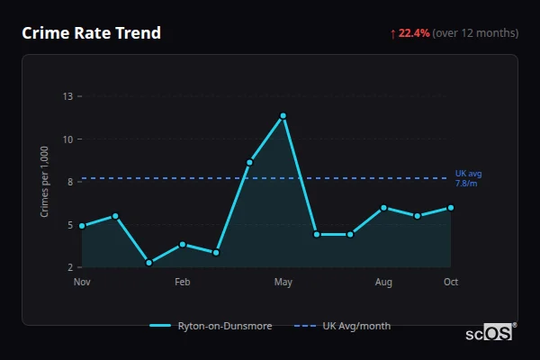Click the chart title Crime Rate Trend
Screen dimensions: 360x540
click(91, 33)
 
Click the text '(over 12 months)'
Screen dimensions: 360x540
click(475, 33)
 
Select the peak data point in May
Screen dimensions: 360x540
click(283, 115)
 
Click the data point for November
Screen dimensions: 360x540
click(82, 226)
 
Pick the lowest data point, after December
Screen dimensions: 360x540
click(148, 263)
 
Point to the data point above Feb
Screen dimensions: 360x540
click(183, 244)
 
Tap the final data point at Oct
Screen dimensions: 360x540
click(451, 208)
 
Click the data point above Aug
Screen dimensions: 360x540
click(383, 208)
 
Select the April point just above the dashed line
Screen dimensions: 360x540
click(249, 162)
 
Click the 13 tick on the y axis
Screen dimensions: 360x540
click(67, 95)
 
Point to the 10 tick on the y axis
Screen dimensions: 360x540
click(67, 139)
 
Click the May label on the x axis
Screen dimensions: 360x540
click(283, 283)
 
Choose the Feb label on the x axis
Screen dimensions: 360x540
click(183, 283)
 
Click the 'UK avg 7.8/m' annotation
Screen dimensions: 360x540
click(468, 177)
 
